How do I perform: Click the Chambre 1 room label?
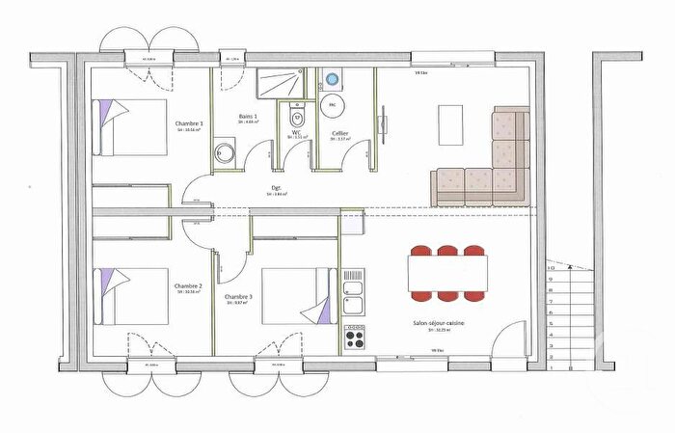coord(188,124)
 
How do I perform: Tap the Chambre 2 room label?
coord(188,286)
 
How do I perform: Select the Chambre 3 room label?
coord(238,296)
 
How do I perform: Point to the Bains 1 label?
coord(248,117)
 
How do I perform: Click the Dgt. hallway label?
coord(278,188)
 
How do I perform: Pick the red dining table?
coord(446,271)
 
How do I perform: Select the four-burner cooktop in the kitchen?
coord(354,338)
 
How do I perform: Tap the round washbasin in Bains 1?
coord(225,152)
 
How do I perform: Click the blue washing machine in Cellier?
coord(333,78)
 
